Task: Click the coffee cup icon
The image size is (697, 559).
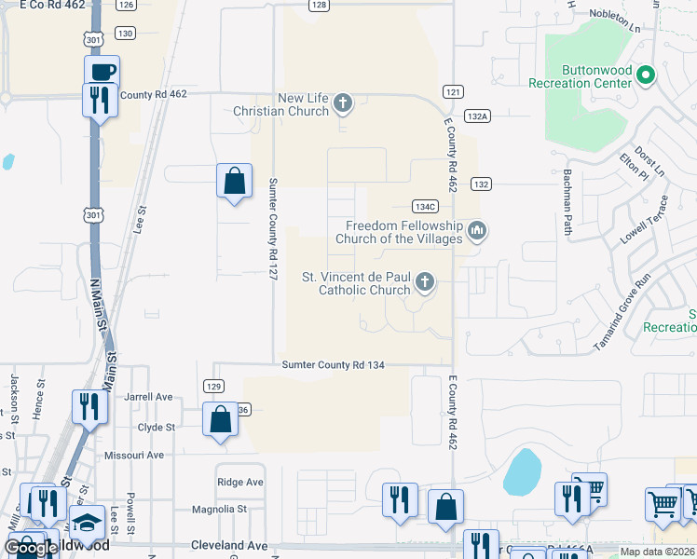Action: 102,71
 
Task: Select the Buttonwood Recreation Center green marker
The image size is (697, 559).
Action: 645,75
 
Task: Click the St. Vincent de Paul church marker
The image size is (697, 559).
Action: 424,282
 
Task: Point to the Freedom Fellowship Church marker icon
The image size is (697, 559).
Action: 477,229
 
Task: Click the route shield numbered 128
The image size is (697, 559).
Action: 320,5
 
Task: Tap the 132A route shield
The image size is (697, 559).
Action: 477,116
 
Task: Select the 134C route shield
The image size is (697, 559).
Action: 425,206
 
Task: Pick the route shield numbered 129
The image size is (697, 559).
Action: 213,386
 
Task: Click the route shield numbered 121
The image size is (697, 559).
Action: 453,91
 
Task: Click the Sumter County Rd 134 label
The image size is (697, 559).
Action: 333,366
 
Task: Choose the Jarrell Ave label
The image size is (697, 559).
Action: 149,397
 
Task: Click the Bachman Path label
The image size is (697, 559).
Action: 567,202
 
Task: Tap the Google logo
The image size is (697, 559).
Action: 30,548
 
